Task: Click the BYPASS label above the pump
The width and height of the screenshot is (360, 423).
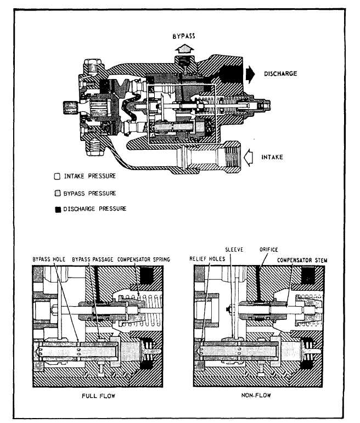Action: click(184, 36)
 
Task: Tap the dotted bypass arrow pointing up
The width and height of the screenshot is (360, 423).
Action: click(184, 49)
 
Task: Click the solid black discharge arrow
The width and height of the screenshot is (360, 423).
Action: click(250, 74)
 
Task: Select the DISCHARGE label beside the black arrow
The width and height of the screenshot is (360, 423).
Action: click(280, 74)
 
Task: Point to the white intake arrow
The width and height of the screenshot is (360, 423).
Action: click(248, 157)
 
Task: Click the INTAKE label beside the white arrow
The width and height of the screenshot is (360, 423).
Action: click(272, 157)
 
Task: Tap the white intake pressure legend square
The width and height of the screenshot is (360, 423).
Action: click(57, 177)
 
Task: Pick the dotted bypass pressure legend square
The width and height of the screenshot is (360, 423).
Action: click(58, 194)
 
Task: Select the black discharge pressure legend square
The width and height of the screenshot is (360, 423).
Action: click(58, 210)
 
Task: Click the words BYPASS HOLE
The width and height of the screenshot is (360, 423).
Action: click(49, 260)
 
